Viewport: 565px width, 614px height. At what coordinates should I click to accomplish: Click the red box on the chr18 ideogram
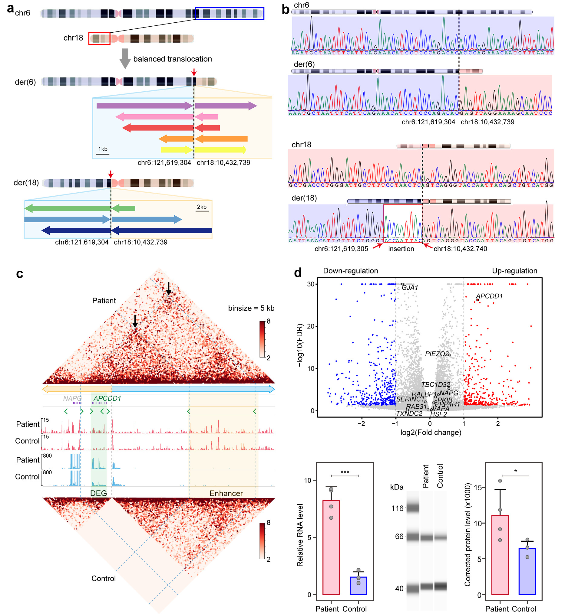[99, 39]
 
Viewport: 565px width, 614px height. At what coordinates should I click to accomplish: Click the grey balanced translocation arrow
[125, 58]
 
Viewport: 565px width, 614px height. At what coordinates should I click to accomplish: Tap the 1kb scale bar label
[103, 149]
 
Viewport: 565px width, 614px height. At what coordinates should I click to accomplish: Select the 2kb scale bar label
[202, 207]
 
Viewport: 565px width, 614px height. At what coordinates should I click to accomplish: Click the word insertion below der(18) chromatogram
[401, 249]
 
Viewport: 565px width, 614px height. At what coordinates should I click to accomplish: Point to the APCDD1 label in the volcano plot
[489, 296]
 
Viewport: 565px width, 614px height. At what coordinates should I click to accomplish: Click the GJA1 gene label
[410, 287]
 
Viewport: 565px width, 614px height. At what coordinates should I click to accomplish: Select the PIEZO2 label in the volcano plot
[437, 354]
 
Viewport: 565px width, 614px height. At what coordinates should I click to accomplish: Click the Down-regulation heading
[350, 271]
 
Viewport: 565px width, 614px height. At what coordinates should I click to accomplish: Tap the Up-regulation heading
[514, 271]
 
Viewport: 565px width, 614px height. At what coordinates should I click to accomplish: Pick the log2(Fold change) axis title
[431, 433]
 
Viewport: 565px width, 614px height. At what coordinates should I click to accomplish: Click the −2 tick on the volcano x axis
[362, 423]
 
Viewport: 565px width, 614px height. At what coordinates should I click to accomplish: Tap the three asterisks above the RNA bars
[345, 472]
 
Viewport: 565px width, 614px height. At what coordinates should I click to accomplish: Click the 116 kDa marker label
[398, 508]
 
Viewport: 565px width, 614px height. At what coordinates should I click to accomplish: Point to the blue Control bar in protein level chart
[527, 571]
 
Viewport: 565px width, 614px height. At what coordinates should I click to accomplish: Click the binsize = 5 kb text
[251, 308]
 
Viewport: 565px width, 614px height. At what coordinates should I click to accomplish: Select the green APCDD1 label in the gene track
[107, 398]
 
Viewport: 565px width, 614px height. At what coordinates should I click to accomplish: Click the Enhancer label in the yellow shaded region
[226, 493]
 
